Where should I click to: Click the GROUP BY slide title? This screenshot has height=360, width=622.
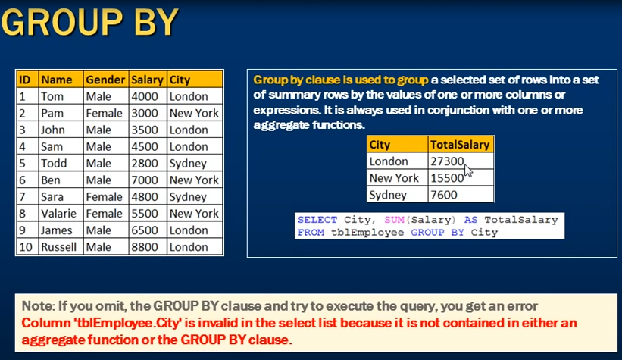(90, 22)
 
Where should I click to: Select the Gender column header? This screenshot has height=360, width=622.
(105, 80)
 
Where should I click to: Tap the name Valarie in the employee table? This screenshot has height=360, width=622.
(58, 214)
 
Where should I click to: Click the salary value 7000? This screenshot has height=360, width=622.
(145, 180)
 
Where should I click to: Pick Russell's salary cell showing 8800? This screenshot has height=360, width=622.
(145, 247)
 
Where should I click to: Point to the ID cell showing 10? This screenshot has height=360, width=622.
(26, 247)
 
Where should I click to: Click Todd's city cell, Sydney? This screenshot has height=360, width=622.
(188, 164)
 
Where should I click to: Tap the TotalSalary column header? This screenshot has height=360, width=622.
(460, 145)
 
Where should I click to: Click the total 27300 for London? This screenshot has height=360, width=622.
(447, 161)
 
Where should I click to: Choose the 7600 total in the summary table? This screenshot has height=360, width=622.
(444, 195)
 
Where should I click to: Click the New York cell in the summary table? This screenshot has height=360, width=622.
(394, 178)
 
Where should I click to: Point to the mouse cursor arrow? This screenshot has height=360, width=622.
(468, 171)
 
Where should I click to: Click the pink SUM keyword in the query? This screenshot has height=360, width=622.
(394, 220)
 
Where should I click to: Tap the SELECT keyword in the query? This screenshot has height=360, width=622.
(317, 220)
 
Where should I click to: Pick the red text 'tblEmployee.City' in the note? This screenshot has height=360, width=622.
(102, 323)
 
